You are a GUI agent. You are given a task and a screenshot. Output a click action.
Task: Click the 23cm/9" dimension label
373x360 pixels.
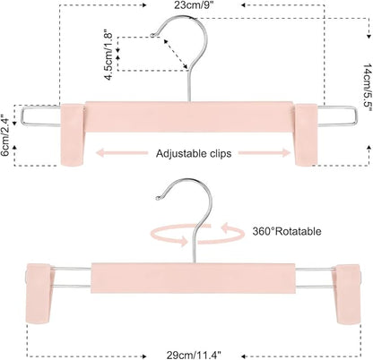tap(194, 4)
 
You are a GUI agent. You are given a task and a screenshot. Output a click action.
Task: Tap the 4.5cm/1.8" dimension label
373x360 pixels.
tap(108, 55)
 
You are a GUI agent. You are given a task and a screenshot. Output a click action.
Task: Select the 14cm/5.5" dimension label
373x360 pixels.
tap(368, 87)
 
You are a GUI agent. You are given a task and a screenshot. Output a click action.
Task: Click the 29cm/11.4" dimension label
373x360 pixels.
tap(194, 356)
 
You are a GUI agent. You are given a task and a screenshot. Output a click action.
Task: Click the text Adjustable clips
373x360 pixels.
tap(194, 153)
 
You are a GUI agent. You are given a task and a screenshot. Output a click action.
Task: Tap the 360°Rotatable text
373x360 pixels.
tap(287, 231)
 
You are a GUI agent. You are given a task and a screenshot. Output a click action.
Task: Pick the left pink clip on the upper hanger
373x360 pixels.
tap(73, 134)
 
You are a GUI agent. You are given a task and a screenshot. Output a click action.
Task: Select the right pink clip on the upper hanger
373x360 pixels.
tap(306, 134)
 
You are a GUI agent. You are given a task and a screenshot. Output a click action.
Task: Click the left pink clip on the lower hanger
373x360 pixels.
tap(39, 293)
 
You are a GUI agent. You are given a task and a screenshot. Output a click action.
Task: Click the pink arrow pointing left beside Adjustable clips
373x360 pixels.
tap(122, 153)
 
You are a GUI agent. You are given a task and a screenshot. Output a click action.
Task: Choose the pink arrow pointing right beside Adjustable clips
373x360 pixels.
tap(265, 153)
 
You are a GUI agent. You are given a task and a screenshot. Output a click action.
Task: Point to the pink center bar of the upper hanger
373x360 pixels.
tap(189, 116)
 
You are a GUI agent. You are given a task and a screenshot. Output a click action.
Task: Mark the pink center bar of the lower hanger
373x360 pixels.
tap(193, 279)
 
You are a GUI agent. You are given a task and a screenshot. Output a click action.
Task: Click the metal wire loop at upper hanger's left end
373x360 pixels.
tap(41, 116)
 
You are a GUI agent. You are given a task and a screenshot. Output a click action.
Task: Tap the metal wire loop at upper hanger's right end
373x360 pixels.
tap(337, 116)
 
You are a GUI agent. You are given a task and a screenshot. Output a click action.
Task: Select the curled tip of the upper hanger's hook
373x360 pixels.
tap(152, 36)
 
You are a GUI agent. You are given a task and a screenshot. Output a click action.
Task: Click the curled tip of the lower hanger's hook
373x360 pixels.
tap(159, 197)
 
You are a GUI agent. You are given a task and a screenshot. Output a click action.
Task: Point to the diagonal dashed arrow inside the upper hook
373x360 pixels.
tap(176, 54)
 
